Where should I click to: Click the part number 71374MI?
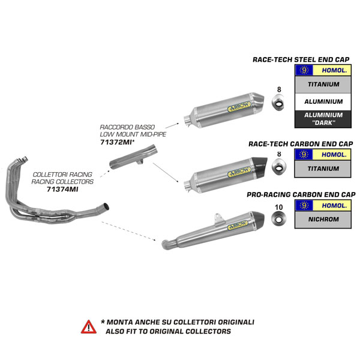tap(62, 188)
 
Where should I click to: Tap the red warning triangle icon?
tap(88, 326)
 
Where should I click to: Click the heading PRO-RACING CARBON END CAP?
tap(301, 194)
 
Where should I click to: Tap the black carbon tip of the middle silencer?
tap(262, 164)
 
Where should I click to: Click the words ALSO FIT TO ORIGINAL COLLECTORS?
tap(168, 331)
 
